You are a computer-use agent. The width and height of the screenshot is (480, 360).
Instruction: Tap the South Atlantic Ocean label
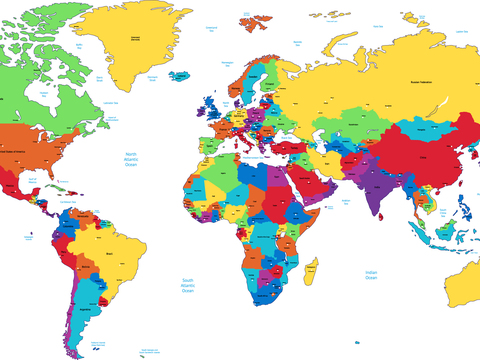tap(187, 286)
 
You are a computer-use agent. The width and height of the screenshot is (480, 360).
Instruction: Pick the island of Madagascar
tap(312, 267)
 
